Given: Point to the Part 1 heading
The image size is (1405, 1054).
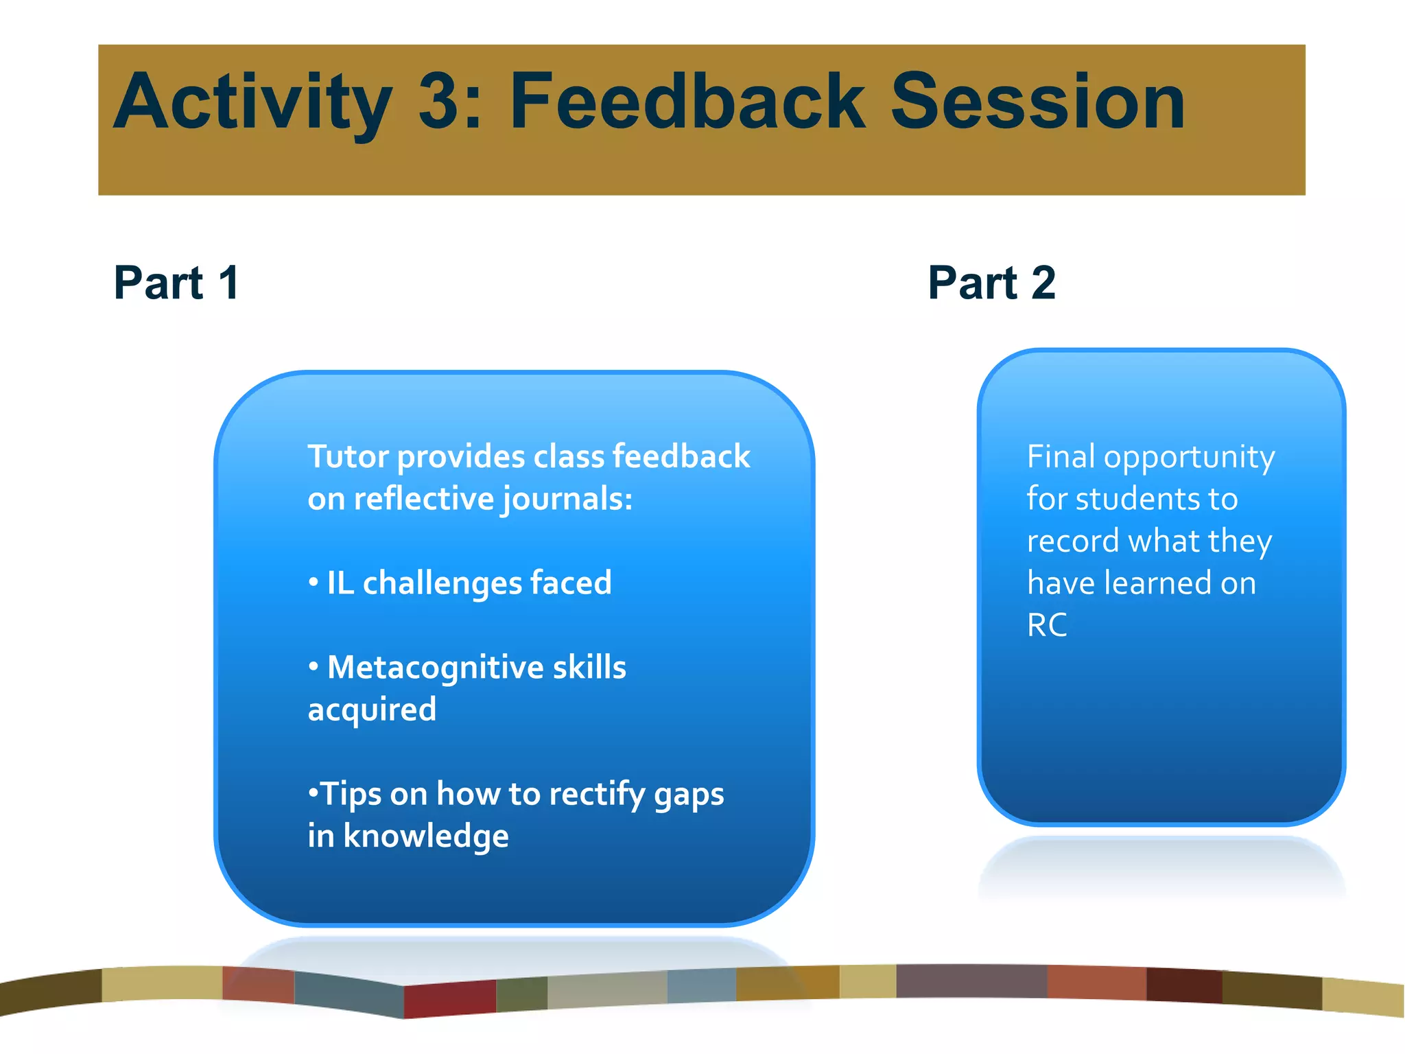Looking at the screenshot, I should pos(176,283).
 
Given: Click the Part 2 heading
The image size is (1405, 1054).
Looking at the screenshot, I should pos(991,283).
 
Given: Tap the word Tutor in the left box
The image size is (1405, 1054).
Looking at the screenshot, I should pos(349,457).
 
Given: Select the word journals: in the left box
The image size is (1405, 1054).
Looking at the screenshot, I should pos(567,500).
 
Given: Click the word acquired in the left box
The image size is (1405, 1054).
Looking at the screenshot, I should pos(372,710).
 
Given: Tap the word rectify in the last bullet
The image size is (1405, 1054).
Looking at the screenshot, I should pos(597,795).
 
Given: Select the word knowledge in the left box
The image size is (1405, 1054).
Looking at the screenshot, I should pos(425,836).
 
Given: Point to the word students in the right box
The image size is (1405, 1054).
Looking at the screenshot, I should pos(1133,499).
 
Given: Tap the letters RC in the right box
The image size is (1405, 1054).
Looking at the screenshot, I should pos(1047,625).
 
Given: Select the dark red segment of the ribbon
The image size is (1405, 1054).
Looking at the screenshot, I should pos(449,999).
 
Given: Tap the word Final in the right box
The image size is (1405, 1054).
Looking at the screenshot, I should pos(1061,457).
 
